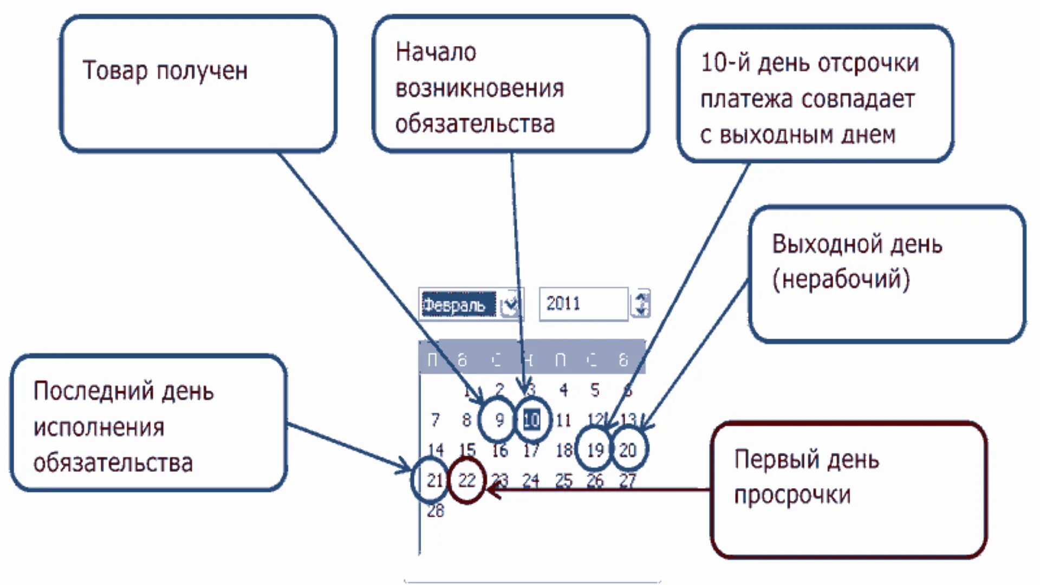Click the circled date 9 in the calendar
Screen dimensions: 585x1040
tap(499, 420)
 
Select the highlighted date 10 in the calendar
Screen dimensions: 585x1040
tap(531, 420)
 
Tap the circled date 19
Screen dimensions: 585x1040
tap(595, 450)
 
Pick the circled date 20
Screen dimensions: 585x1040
tap(628, 450)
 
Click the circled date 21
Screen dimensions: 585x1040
tap(434, 480)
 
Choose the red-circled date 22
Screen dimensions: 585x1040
tap(466, 480)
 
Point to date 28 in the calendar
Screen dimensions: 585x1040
tap(435, 510)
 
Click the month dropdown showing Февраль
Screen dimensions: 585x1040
tap(458, 304)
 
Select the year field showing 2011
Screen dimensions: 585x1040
tap(582, 304)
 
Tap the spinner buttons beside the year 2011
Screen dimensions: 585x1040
tap(641, 304)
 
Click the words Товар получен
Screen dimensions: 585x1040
tap(165, 71)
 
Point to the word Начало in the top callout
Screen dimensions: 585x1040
tap(435, 53)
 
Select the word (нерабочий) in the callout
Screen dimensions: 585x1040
tap(841, 279)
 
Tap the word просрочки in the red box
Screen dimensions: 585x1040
tap(792, 495)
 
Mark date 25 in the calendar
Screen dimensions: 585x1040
tap(563, 480)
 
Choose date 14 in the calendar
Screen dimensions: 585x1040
tap(435, 450)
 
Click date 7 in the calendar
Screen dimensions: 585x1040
tap(435, 420)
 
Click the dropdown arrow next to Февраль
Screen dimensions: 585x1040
tap(509, 305)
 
